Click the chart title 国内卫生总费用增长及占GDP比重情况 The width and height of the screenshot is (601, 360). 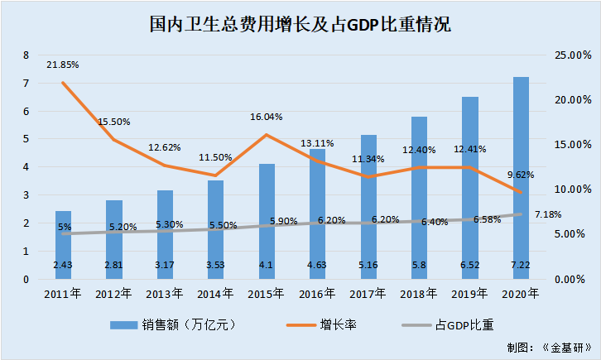(x=300, y=23)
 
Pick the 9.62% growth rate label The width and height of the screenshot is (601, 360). (x=519, y=175)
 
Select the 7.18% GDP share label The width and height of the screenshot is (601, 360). (x=548, y=214)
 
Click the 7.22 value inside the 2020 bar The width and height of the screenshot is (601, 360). (x=522, y=264)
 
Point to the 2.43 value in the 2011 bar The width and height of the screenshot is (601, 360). (x=63, y=264)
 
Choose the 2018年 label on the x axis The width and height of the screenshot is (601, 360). (x=420, y=293)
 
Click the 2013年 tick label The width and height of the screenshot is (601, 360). (x=165, y=293)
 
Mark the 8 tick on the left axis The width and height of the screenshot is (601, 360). (x=26, y=55)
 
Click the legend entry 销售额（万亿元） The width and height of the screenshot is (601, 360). (x=175, y=324)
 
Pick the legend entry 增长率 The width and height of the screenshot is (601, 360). (x=339, y=324)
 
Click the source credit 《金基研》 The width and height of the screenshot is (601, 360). (x=564, y=348)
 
